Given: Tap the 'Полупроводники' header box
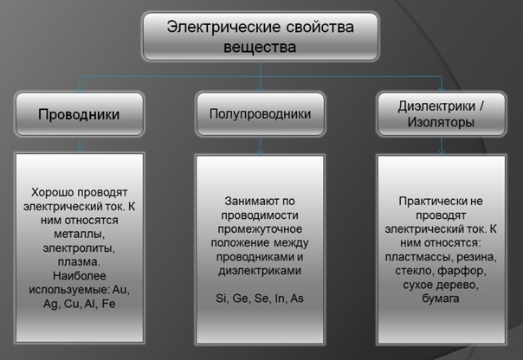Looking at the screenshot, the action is pyautogui.click(x=261, y=114).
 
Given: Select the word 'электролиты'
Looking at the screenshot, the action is pyautogui.click(x=79, y=247).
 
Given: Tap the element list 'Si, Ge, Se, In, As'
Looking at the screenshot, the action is pyautogui.click(x=261, y=299).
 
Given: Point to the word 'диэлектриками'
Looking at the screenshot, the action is pyautogui.click(x=261, y=271).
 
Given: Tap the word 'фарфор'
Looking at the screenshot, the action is pyautogui.click(x=468, y=272).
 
